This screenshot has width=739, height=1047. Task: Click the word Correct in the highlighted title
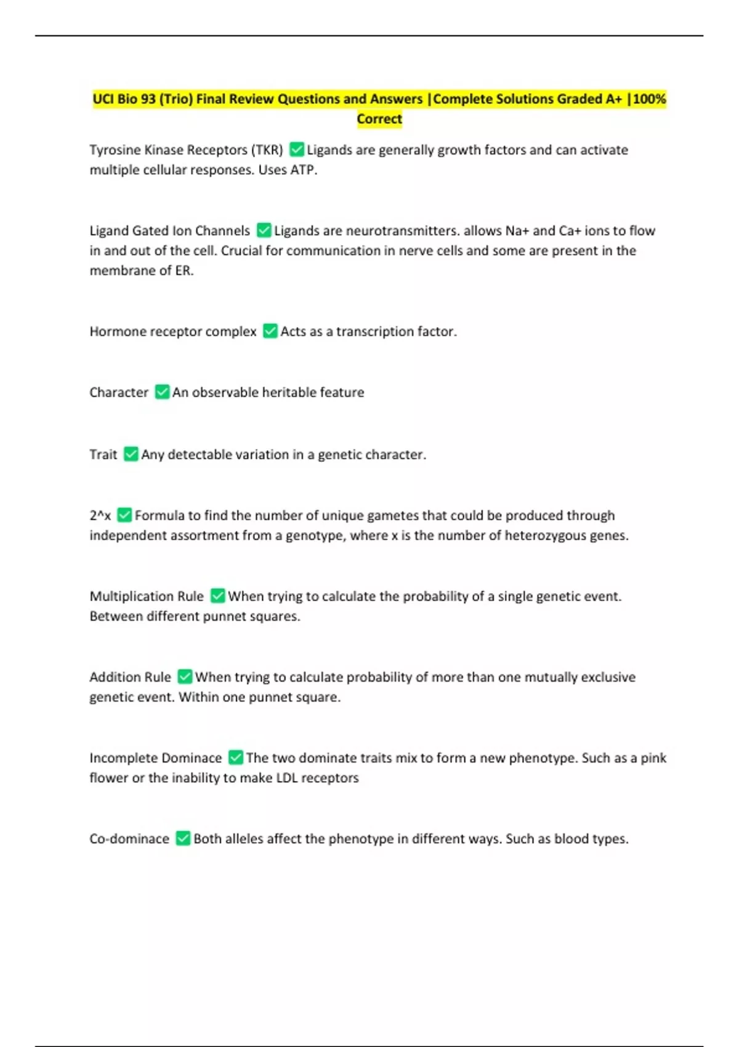379,119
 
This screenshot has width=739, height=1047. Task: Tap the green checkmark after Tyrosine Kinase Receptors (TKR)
297,150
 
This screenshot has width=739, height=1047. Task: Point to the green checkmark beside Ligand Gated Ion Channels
264,230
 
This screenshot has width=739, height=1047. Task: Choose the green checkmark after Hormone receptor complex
270,331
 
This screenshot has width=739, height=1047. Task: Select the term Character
119,392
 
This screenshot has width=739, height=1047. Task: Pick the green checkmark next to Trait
131,455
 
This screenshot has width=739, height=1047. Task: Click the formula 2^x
100,515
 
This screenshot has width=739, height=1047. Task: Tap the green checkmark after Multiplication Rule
218,596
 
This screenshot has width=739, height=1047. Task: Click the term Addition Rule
130,677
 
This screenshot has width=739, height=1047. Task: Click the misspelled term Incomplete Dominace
155,758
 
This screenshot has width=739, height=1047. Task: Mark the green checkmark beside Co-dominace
183,838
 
